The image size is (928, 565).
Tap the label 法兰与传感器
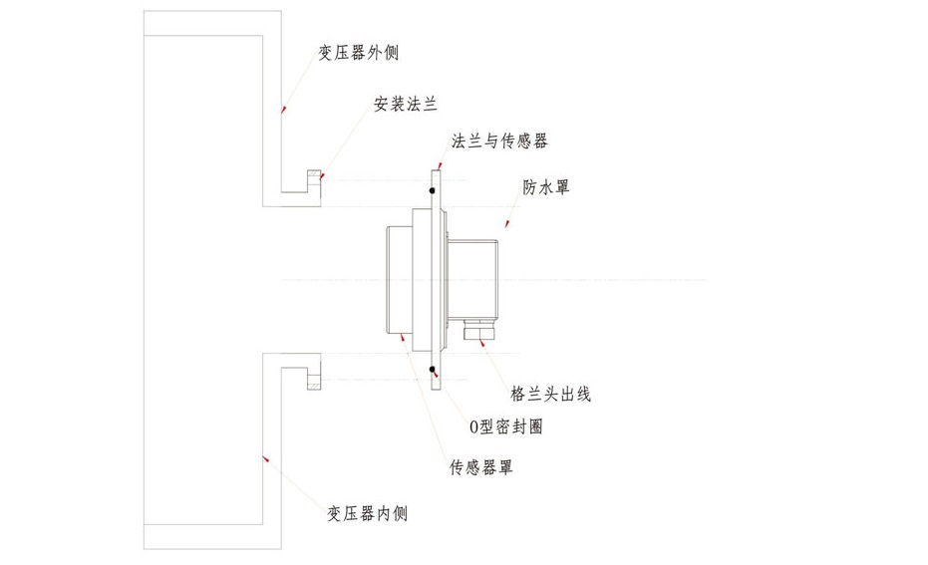(x=500, y=141)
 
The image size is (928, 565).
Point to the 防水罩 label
(x=546, y=187)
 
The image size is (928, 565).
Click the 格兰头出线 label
(x=550, y=394)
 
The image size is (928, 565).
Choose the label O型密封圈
(x=505, y=426)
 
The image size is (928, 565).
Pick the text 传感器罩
(x=481, y=466)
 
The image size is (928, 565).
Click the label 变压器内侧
(x=368, y=513)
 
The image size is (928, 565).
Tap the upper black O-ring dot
(x=432, y=189)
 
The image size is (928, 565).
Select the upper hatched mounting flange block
(x=313, y=182)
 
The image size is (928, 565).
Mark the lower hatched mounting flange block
(x=313, y=379)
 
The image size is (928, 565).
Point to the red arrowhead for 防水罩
(x=506, y=226)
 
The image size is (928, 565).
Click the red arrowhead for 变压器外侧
(x=283, y=109)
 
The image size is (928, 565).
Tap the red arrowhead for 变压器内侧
(x=264, y=458)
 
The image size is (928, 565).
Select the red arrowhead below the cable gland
(x=483, y=345)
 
